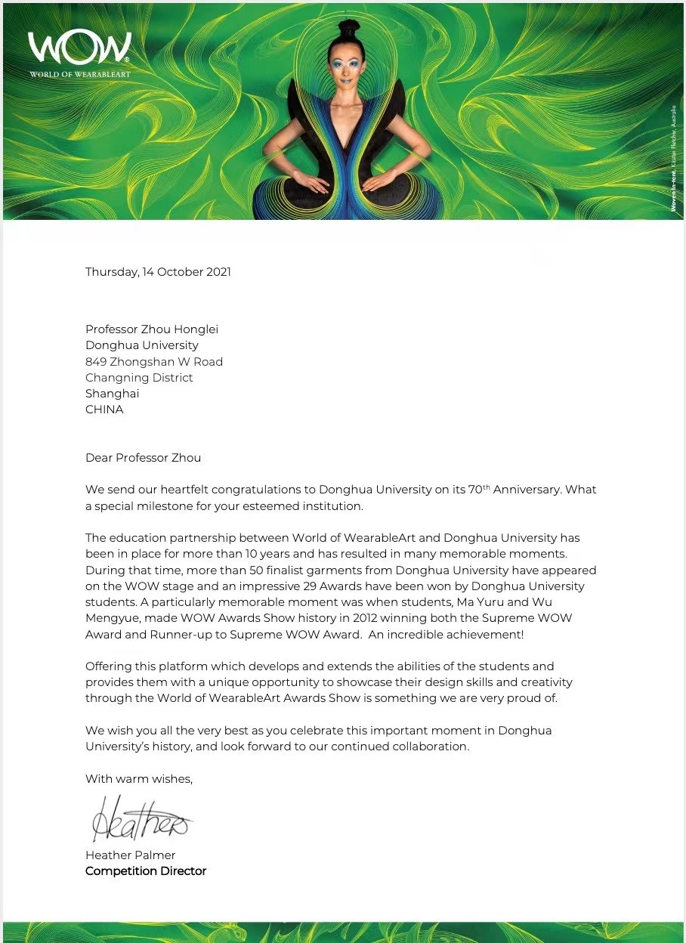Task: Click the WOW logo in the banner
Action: pyautogui.click(x=79, y=49)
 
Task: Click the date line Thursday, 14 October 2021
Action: pyautogui.click(x=158, y=272)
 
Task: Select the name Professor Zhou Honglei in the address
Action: pyautogui.click(x=151, y=329)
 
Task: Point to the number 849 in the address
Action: pyautogui.click(x=96, y=362)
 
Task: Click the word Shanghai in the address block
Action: pyautogui.click(x=112, y=394)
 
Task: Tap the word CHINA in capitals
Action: pyautogui.click(x=104, y=410)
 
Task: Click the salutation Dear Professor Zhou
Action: pyautogui.click(x=143, y=458)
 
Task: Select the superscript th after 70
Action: pyautogui.click(x=487, y=487)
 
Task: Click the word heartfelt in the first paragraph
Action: pyautogui.click(x=187, y=490)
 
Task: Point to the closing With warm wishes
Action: pyautogui.click(x=139, y=779)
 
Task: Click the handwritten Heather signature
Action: pyautogui.click(x=140, y=818)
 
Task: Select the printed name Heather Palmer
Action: pyautogui.click(x=130, y=855)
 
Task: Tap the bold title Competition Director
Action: pyautogui.click(x=146, y=871)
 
